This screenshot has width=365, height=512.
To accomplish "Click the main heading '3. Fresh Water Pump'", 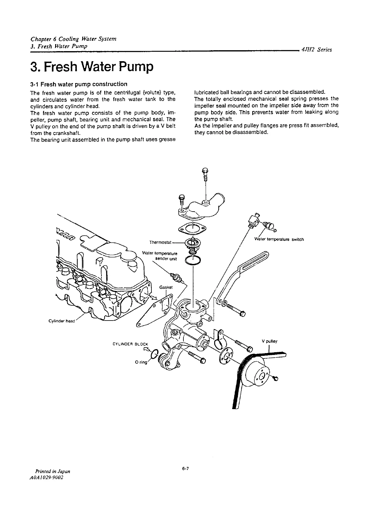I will tap(91, 67).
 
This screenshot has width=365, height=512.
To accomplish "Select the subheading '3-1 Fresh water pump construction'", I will tap(79, 84).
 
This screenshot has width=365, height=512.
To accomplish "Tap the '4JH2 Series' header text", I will tap(316, 50).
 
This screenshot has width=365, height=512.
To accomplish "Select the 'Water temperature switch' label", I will tap(279, 239).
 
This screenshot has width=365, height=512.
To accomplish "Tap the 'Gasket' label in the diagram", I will tap(166, 287).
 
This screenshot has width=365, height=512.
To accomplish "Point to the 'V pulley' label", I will tap(270, 341).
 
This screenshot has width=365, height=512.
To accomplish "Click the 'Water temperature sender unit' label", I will tap(160, 256).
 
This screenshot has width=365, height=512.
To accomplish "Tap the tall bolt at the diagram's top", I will tap(205, 177).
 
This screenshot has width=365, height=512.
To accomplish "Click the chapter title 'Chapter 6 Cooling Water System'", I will tap(73, 39).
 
